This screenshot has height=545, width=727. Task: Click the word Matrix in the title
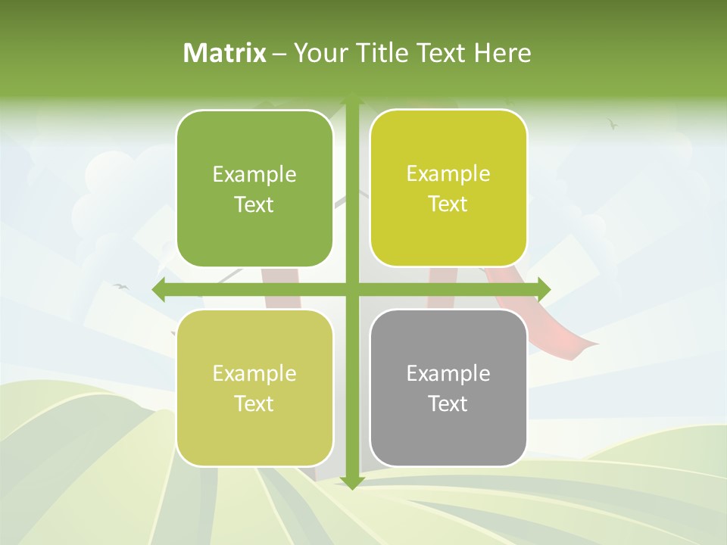[x=225, y=53]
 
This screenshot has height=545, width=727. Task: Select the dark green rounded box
[x=254, y=188]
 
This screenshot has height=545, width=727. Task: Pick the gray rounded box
[x=448, y=388]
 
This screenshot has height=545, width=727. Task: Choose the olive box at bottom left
[x=254, y=388]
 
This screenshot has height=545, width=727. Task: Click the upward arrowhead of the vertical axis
[x=351, y=98]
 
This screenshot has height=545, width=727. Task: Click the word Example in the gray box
[x=448, y=373]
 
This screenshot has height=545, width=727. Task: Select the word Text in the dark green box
[x=254, y=204]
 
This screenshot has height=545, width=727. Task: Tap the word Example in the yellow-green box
[x=448, y=173]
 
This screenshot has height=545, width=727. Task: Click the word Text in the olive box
[x=254, y=403]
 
